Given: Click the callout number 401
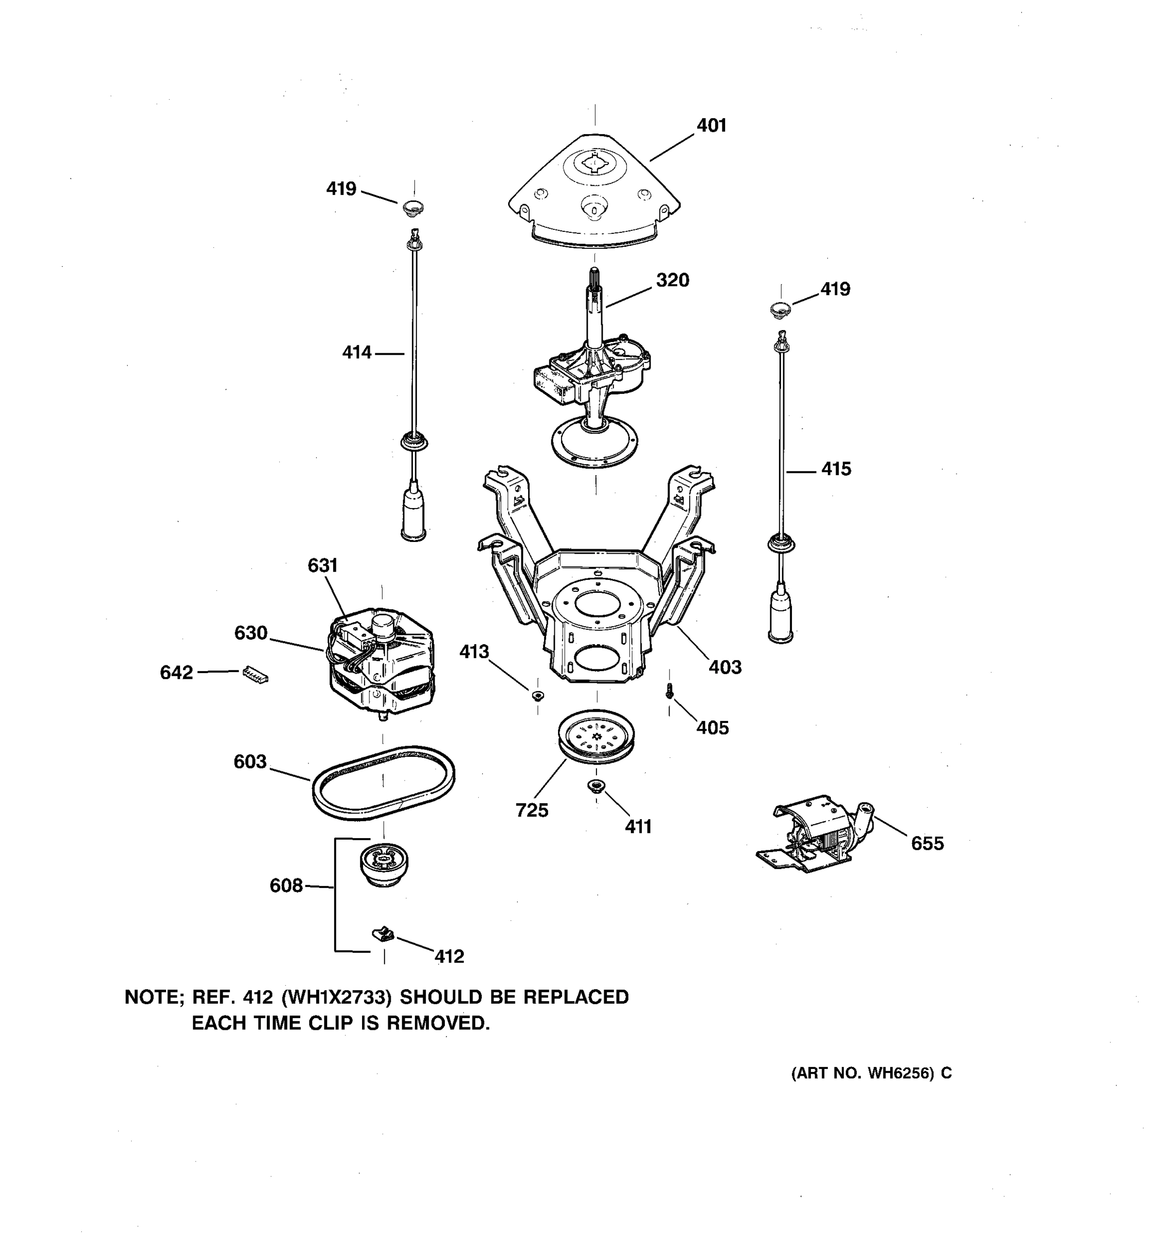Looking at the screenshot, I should click(711, 125).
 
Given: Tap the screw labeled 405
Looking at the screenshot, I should click(669, 691).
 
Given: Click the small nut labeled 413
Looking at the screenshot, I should click(537, 695).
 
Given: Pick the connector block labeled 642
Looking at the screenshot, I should click(255, 674).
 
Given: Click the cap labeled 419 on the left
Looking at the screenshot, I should click(413, 207).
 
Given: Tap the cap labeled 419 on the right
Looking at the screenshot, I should click(780, 308).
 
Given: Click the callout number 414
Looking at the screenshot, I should click(357, 353).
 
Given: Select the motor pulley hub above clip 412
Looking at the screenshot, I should click(384, 863).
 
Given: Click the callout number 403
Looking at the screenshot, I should click(725, 667).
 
